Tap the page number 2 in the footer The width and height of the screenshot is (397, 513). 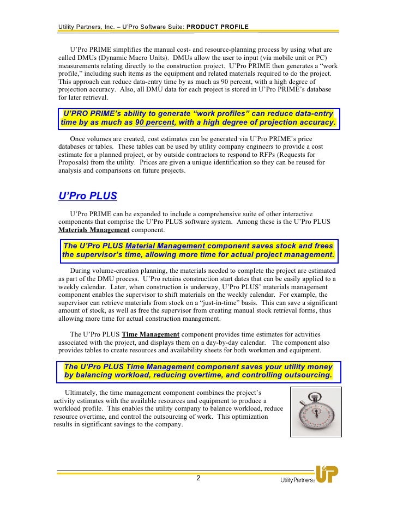point(198,478)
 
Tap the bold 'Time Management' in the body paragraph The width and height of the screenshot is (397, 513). point(151,334)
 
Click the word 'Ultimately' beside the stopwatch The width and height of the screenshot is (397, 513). point(82,393)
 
